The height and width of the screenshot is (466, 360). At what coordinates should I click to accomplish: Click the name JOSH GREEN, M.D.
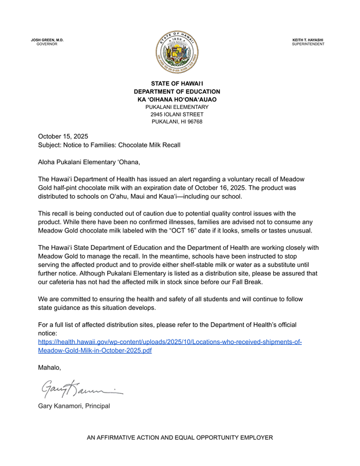point(47,40)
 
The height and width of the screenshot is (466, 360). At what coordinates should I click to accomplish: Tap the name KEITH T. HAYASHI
point(308,40)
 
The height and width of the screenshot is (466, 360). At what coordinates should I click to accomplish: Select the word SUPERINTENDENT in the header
point(308,44)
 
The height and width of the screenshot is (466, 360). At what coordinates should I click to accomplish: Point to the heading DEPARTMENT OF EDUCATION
point(177,92)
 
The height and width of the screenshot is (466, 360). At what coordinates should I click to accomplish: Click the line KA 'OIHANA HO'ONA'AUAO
point(177,100)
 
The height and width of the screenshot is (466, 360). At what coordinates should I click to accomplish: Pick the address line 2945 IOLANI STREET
point(177,114)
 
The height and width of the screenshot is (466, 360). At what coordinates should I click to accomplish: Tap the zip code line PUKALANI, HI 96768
point(177,122)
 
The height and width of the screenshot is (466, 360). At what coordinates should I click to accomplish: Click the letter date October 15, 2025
point(63,136)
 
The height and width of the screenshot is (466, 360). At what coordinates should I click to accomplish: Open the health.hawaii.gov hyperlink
point(170,347)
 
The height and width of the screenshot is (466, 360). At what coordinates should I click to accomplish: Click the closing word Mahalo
point(50,368)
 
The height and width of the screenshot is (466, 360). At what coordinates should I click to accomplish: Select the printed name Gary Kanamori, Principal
point(73,405)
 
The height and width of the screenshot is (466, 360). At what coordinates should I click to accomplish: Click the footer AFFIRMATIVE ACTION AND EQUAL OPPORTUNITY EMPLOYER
point(179,437)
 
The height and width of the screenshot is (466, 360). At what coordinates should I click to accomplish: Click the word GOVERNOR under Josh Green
point(47,44)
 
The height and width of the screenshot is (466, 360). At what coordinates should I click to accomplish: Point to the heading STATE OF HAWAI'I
point(177,84)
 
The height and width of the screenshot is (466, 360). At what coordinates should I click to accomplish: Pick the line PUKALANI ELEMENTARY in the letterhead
point(177,107)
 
